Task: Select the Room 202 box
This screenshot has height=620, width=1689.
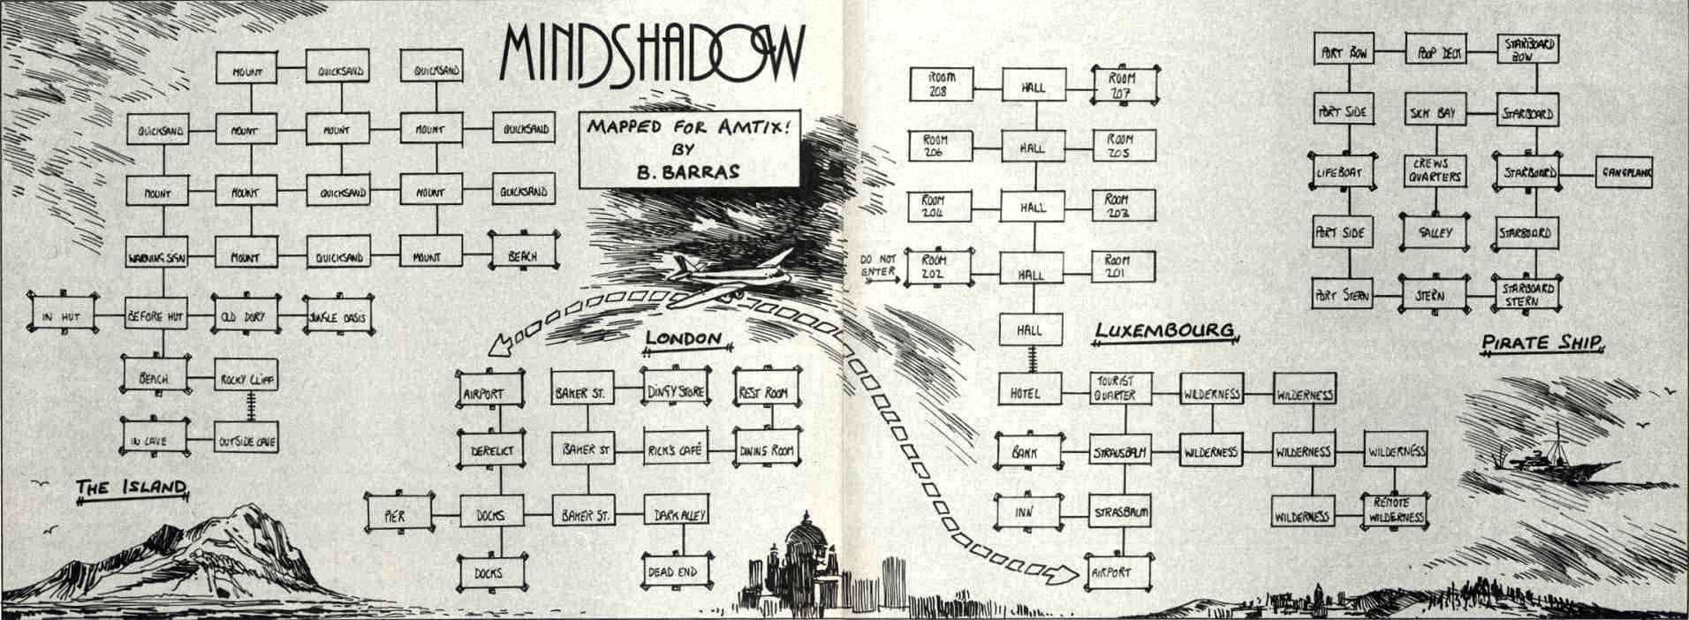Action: (935, 267)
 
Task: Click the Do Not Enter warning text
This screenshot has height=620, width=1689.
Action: (878, 265)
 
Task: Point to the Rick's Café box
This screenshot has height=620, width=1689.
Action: (673, 450)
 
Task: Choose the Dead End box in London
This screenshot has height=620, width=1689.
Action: (673, 571)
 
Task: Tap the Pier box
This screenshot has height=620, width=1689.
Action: (396, 514)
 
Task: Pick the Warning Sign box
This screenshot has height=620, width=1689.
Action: (157, 258)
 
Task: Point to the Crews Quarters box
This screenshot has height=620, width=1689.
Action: (1435, 171)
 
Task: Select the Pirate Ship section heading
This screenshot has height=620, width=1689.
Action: (1541, 343)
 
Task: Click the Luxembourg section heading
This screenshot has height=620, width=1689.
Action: (1163, 330)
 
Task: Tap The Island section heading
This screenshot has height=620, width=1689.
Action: (131, 487)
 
